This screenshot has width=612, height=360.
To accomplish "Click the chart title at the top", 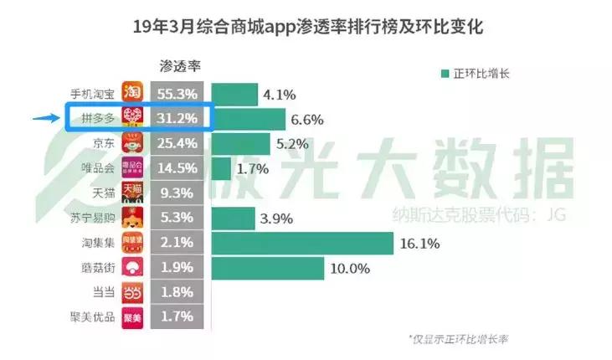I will (x=307, y=27).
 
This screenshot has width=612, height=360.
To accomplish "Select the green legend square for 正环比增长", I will (x=445, y=73).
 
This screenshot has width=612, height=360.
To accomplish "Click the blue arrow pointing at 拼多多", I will (x=46, y=118).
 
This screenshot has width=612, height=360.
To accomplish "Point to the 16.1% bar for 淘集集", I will (x=301, y=244).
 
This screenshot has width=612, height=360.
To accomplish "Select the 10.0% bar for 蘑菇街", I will (x=267, y=268).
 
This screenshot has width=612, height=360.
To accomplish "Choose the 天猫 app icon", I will (x=133, y=193).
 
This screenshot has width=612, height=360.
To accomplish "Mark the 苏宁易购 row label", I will (x=91, y=219).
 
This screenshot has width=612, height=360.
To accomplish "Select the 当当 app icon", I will (x=133, y=293).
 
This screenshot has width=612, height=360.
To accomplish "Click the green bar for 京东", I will (x=240, y=144).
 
